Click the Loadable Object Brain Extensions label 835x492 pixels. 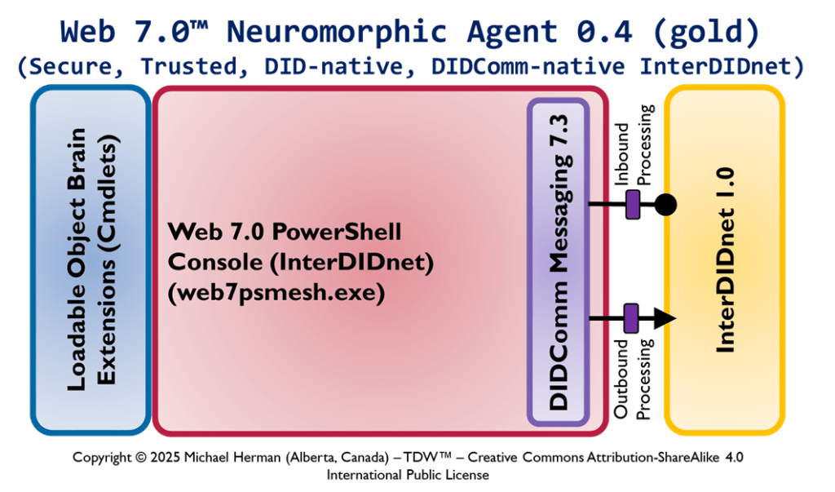(x=91, y=259)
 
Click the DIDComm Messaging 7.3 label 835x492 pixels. (x=559, y=263)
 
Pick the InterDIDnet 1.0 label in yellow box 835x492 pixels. (x=725, y=260)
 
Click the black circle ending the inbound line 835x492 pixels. (x=665, y=204)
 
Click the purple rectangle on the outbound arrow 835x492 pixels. (x=630, y=317)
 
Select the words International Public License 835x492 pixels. (x=408, y=474)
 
